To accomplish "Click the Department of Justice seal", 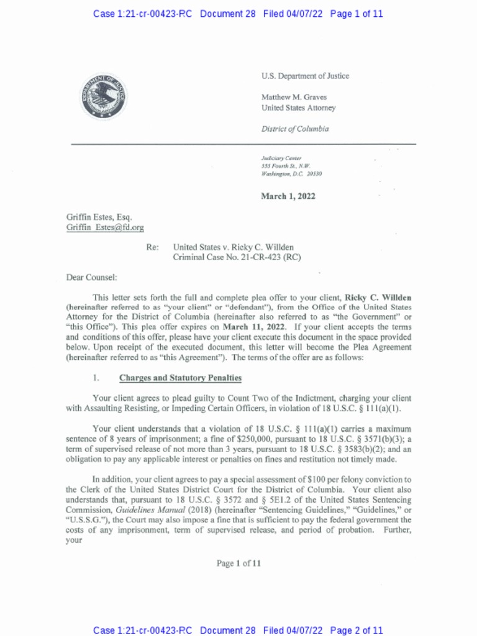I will [104, 97].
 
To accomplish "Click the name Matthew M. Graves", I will [294, 97].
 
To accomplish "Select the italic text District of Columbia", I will [295, 129].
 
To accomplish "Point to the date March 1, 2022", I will [288, 196].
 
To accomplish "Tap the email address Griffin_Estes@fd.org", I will [105, 227].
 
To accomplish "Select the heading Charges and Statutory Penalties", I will [180, 378].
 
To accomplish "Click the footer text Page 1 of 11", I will [238, 563].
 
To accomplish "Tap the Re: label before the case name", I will [153, 247].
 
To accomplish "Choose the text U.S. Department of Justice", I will [305, 76].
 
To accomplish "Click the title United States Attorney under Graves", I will [298, 107].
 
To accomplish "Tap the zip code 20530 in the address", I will [313, 174].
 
